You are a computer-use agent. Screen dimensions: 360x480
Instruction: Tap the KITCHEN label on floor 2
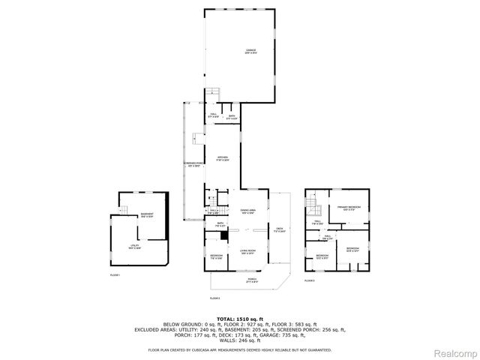[x=223, y=158]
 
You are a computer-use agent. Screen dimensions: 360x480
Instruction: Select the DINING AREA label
[x=248, y=211]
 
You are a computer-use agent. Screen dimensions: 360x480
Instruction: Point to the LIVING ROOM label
[x=248, y=252]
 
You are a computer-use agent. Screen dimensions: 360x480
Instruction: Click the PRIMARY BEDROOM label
[x=348, y=208]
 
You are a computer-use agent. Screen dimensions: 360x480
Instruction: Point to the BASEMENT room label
[x=147, y=215]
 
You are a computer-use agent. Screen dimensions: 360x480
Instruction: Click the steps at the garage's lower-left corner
[x=213, y=94]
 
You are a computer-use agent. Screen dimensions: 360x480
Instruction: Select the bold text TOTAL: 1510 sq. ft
[x=239, y=318]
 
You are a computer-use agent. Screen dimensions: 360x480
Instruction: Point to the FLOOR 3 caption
[x=309, y=280]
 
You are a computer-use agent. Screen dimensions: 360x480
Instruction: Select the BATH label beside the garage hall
[x=232, y=118]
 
